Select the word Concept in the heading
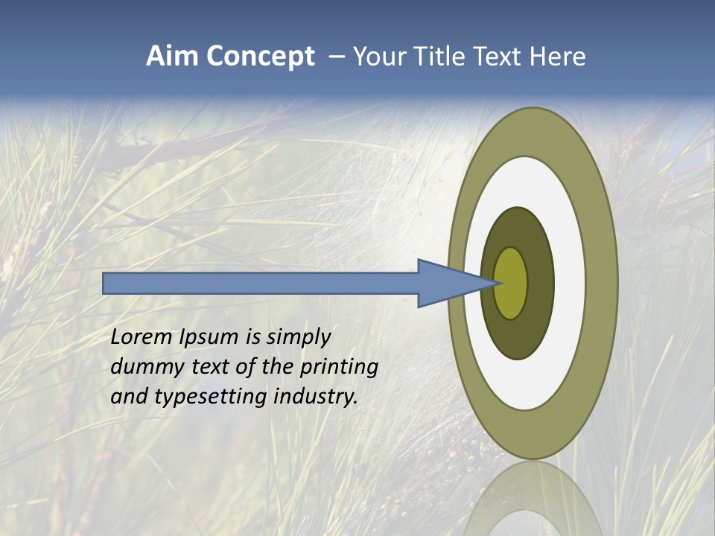click(x=261, y=57)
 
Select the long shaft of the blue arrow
click(x=261, y=283)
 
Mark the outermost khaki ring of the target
click(x=603, y=283)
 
